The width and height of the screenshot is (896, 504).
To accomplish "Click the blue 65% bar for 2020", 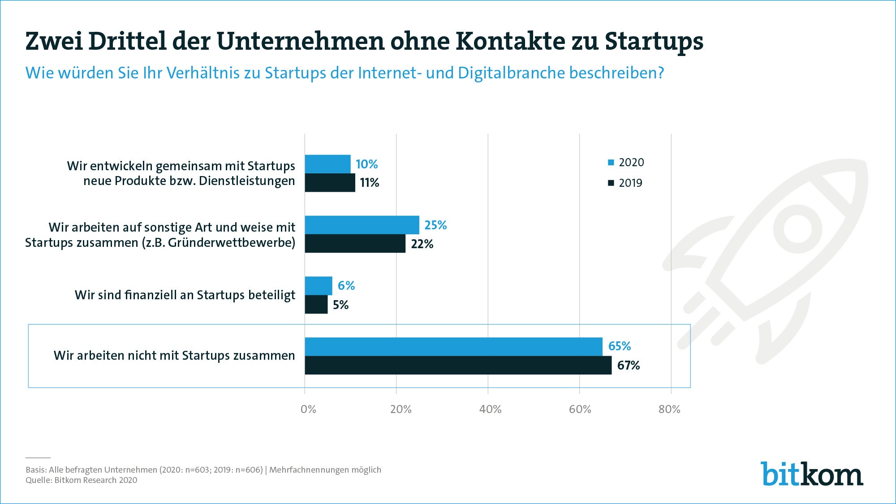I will (x=453, y=346).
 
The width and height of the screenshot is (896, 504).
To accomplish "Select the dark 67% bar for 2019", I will (x=458, y=365).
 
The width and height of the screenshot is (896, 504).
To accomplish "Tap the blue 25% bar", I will (x=362, y=225).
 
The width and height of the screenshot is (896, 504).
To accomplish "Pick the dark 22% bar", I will (x=355, y=244).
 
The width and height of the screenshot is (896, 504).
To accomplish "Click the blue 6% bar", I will (x=319, y=286).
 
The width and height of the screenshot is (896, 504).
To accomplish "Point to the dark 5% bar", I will (x=316, y=305).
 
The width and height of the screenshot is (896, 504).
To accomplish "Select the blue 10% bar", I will (x=327, y=164).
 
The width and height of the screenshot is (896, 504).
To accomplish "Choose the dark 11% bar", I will (x=330, y=183).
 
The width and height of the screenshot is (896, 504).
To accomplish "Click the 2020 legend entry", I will (x=626, y=162).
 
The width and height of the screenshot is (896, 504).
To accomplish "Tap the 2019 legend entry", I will (x=625, y=183).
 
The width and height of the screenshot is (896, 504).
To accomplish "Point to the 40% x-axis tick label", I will (x=490, y=409).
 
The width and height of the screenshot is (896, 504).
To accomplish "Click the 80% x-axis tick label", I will (x=669, y=409).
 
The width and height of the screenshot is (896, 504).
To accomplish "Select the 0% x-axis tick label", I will (x=308, y=409).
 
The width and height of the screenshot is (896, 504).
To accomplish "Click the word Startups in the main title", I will (x=654, y=41).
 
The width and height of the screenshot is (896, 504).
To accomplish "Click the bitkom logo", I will (x=812, y=474).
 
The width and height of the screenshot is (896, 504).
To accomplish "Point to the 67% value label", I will (x=629, y=366).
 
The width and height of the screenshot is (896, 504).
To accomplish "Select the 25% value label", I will (x=435, y=225).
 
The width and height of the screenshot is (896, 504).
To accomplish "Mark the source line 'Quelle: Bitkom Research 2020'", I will (x=82, y=480).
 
